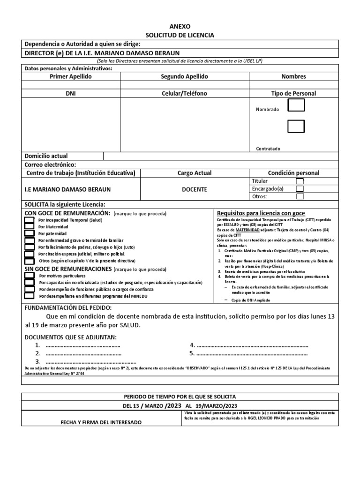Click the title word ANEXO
(x=180, y=27)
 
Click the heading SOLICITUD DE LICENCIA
(x=180, y=35)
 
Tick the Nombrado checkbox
(x=296, y=106)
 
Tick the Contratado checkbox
(x=296, y=127)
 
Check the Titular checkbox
(x=300, y=181)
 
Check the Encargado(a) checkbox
(x=300, y=189)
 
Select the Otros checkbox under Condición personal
(x=300, y=197)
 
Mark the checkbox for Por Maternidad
(x=29, y=226)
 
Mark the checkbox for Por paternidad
(x=29, y=233)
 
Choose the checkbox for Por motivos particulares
(x=29, y=276)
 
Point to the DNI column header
(x=71, y=93)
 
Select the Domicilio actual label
(x=45, y=156)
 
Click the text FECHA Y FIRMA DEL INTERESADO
(x=101, y=422)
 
